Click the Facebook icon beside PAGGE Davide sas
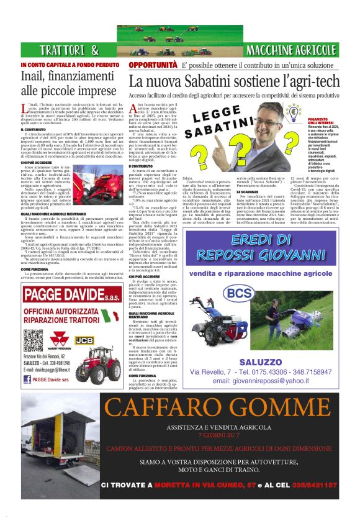pos(28,378)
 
